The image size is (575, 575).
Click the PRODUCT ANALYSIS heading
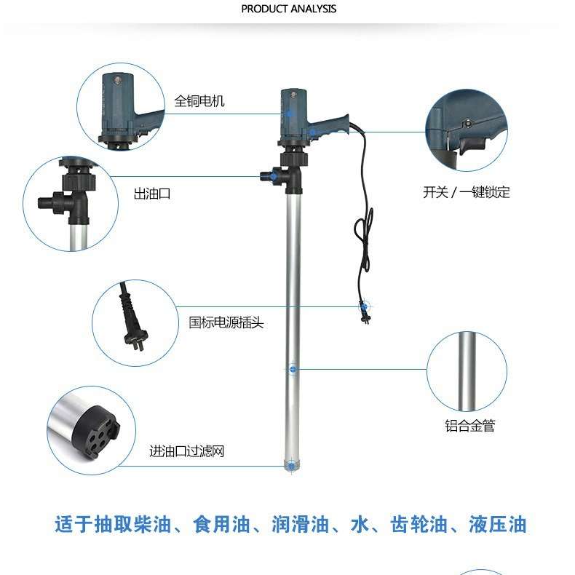point(289,9)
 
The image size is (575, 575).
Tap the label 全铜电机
point(199,101)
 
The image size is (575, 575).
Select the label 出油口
point(151,194)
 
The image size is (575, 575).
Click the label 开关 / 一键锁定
point(467,193)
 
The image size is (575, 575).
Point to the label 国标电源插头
point(226,322)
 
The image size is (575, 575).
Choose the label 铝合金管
point(469,427)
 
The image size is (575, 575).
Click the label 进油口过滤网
point(187,452)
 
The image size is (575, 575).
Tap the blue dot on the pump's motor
point(290,114)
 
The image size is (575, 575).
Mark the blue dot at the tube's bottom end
point(292,464)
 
